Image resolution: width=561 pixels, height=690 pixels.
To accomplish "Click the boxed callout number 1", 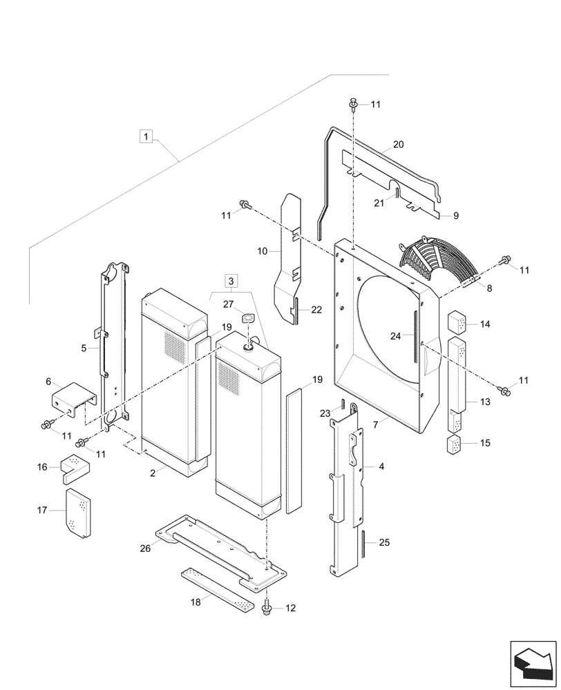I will tap(145, 135).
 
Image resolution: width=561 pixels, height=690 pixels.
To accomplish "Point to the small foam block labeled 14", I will tap(457, 322).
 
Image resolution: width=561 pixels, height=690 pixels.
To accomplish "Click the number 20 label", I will tap(398, 145).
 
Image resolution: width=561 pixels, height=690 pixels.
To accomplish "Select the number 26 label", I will tap(145, 549).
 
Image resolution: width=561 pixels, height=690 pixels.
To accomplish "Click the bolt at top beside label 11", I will tap(352, 104).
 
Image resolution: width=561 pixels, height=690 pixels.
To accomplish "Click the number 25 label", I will tap(386, 543).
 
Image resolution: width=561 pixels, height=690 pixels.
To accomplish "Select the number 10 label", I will tap(263, 253).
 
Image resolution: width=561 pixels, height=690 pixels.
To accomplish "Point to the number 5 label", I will tap(83, 348).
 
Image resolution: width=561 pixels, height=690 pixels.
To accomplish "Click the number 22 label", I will tap(316, 310).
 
